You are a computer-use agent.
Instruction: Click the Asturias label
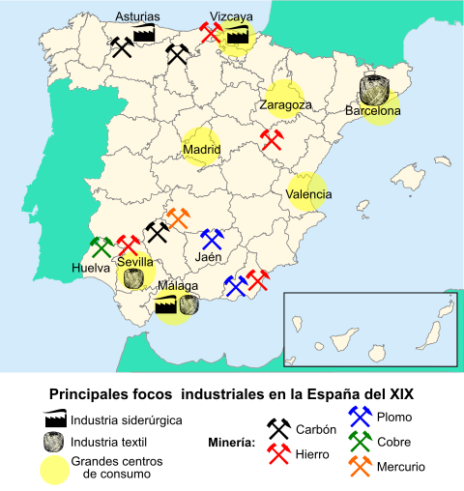tap(137, 16)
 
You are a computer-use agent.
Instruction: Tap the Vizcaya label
tap(232, 16)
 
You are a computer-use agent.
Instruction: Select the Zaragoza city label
tap(284, 104)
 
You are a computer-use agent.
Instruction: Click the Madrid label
tap(202, 150)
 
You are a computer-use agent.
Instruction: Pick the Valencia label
tap(309, 194)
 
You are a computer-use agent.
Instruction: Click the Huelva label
tap(90, 267)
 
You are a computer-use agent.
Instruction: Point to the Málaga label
tap(179, 287)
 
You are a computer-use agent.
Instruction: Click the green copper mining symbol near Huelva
tap(101, 246)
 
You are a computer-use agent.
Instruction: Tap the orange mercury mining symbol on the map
tap(181, 218)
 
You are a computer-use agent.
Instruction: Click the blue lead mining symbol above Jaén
tap(212, 239)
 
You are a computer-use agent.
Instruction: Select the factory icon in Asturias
tap(145, 33)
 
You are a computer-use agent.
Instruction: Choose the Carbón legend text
tap(316, 430)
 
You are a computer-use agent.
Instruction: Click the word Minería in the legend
tap(232, 443)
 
